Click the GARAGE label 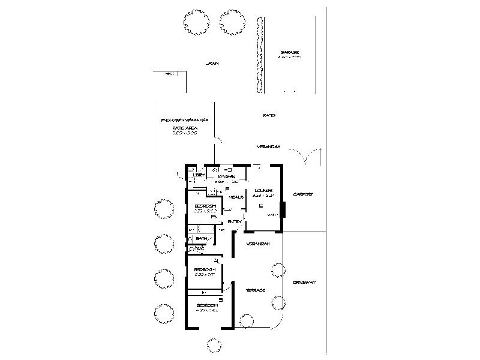click(x=289, y=53)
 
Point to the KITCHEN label click(x=226, y=176)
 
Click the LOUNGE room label click(x=263, y=190)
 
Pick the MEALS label click(x=236, y=197)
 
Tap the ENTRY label click(x=235, y=222)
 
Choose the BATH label click(x=201, y=239)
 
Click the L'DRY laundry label click(x=200, y=175)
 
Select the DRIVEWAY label click(x=304, y=282)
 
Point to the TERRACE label click(x=256, y=290)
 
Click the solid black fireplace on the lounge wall click(x=283, y=210)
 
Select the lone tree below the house click(x=214, y=344)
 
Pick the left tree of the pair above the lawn click(x=195, y=23)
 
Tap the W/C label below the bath click(x=197, y=248)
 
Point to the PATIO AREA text click(x=185, y=128)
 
